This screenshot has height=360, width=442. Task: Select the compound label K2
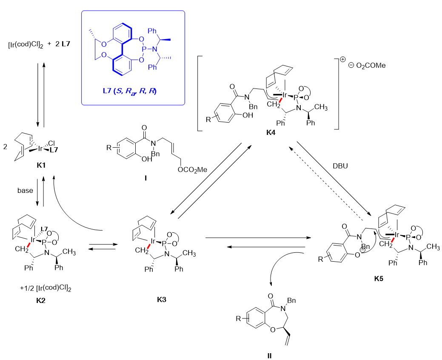click(x=42, y=300)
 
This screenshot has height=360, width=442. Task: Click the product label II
click(x=269, y=355)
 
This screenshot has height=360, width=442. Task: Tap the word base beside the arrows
click(x=25, y=190)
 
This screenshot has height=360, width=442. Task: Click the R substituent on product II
click(x=239, y=317)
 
